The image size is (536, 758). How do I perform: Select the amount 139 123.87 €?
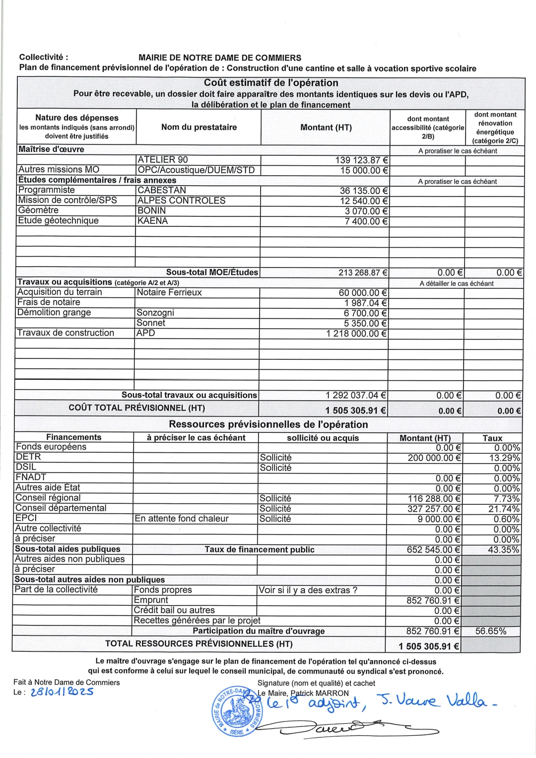click(x=362, y=160)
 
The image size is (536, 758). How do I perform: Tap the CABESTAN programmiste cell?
click(x=162, y=191)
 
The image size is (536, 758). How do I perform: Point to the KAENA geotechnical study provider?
click(x=152, y=221)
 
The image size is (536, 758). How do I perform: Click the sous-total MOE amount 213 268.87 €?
click(x=363, y=273)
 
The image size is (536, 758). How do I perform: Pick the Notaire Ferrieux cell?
click(x=169, y=292)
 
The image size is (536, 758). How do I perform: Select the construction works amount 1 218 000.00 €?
click(x=356, y=334)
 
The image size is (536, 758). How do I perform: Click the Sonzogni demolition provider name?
click(x=155, y=313)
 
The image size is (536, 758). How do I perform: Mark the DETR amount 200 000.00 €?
click(x=434, y=458)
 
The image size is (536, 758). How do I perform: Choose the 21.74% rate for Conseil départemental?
click(x=504, y=509)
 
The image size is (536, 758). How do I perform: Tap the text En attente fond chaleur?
click(x=182, y=519)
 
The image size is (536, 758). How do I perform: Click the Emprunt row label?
click(x=151, y=600)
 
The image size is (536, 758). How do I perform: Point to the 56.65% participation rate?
click(x=491, y=631)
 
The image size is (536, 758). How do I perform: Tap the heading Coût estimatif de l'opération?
click(x=271, y=83)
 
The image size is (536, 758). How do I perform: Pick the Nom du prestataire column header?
click(x=199, y=127)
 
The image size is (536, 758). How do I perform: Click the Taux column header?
click(x=492, y=438)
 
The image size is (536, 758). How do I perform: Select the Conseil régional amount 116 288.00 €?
click(x=434, y=498)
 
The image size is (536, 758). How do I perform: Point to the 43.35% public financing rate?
click(x=504, y=550)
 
